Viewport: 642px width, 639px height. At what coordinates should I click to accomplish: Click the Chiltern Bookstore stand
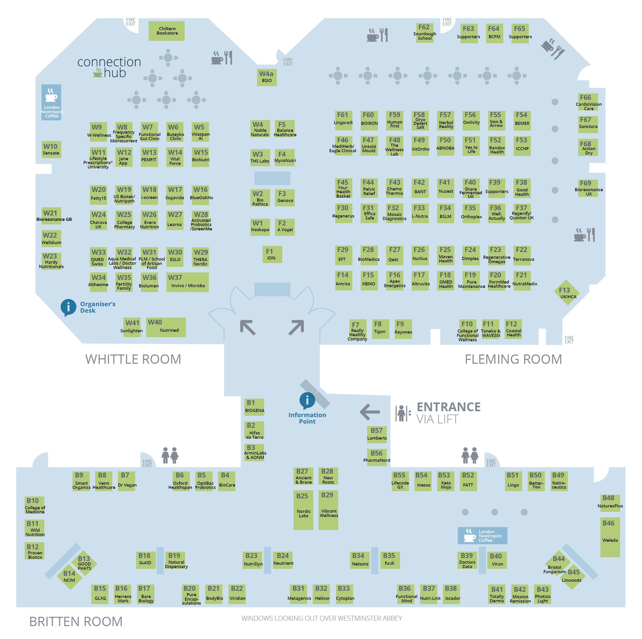pyautogui.click(x=167, y=31)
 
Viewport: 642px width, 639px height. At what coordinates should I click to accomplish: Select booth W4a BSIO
pyautogui.click(x=267, y=77)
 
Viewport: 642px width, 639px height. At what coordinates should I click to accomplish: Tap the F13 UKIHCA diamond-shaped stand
pyautogui.click(x=567, y=292)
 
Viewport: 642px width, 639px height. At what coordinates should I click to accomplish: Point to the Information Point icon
pyautogui.click(x=307, y=401)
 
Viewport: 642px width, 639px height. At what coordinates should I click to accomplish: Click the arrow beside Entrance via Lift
pyautogui.click(x=370, y=412)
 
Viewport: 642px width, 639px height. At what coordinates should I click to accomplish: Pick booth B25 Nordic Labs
pyautogui.click(x=303, y=510)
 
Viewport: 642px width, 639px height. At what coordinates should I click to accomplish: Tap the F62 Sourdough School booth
pyautogui.click(x=424, y=33)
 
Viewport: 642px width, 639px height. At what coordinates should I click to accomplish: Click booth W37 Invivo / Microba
pyautogui.click(x=187, y=282)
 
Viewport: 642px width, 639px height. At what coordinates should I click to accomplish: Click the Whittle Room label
pyautogui.click(x=133, y=359)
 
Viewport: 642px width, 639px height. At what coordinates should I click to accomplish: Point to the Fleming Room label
pyautogui.click(x=513, y=359)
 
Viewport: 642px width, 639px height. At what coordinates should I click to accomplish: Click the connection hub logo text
pyautogui.click(x=109, y=67)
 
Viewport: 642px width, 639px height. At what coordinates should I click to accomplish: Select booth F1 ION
pyautogui.click(x=272, y=254)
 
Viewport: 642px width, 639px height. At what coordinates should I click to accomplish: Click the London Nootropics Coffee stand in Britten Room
pyautogui.click(x=482, y=536)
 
